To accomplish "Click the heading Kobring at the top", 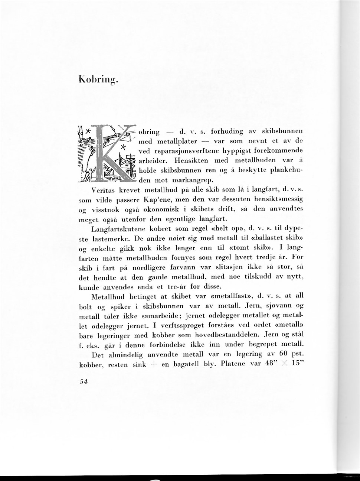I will click(98, 79).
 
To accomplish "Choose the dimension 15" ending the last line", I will click(297, 364).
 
